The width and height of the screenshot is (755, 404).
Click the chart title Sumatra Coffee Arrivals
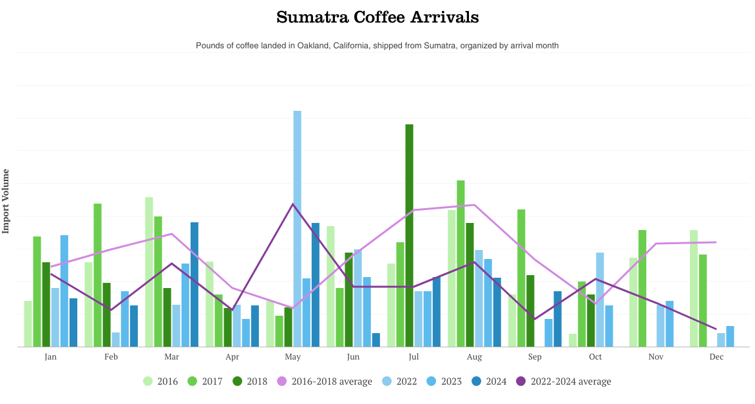pyautogui.click(x=377, y=17)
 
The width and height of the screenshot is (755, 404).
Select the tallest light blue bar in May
pyautogui.click(x=297, y=229)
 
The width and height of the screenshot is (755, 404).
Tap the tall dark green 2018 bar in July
pyautogui.click(x=409, y=235)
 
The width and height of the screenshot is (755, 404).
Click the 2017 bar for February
pyautogui.click(x=97, y=275)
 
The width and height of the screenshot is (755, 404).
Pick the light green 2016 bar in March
pyautogui.click(x=149, y=272)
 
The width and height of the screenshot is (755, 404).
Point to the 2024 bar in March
pyautogui.click(x=194, y=284)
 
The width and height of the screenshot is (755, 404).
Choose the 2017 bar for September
pyautogui.click(x=521, y=278)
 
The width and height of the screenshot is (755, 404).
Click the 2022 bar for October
pyautogui.click(x=600, y=300)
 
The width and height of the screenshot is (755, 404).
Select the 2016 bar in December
pyautogui.click(x=694, y=288)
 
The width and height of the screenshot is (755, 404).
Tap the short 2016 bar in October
pyautogui.click(x=573, y=340)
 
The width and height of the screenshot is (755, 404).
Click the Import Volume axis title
pyautogui.click(x=6, y=200)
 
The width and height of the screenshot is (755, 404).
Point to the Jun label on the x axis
pyautogui.click(x=353, y=357)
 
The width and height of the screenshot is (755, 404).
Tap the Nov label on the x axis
pyautogui.click(x=656, y=357)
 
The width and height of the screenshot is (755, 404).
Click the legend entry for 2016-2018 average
pyautogui.click(x=324, y=381)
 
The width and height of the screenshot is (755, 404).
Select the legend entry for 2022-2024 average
pyautogui.click(x=563, y=381)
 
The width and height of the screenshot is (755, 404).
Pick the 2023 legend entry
pyautogui.click(x=444, y=381)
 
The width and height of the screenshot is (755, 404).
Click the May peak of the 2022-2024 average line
pyautogui.click(x=293, y=204)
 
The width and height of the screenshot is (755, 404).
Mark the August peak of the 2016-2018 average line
pyautogui.click(x=475, y=205)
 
